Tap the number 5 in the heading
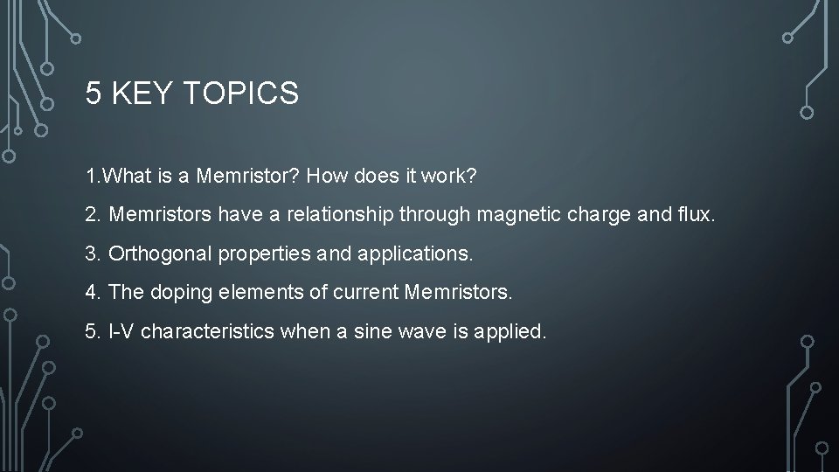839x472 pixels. click(94, 93)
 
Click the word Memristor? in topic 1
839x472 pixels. click(246, 177)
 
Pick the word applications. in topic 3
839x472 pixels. click(414, 255)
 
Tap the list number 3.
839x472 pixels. click(93, 255)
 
